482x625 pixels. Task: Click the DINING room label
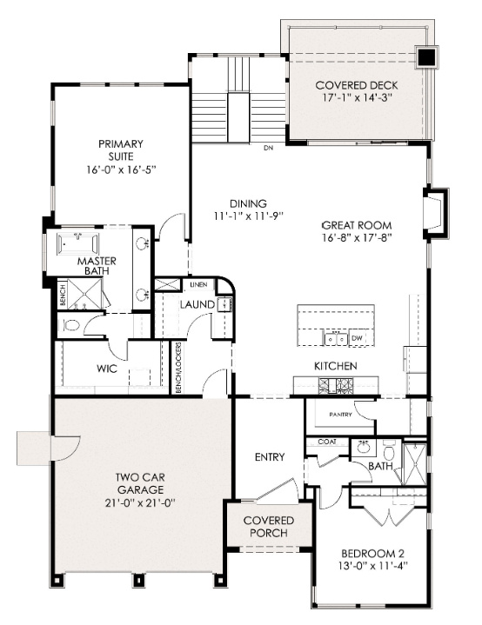point(237,203)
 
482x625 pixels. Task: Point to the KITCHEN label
point(335,366)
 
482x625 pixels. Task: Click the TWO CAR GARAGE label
point(142,482)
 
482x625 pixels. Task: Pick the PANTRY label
point(340,415)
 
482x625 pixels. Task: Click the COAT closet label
point(326,442)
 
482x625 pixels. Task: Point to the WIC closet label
point(106,369)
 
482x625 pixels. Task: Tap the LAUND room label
point(197,305)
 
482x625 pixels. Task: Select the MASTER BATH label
point(97,266)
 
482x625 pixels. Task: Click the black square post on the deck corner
point(425,57)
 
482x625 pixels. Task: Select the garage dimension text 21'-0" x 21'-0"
point(141,502)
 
